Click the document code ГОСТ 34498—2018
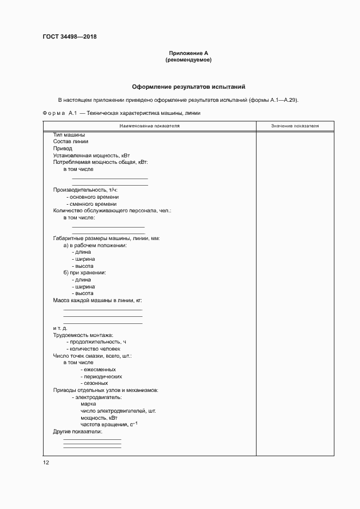[70, 37]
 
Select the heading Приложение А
[188, 53]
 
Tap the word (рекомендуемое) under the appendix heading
[188, 60]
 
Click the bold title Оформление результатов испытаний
[189, 87]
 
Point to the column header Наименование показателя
[150, 126]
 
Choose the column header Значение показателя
[295, 126]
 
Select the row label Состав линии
[70, 142]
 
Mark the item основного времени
[93, 197]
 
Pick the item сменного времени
[91, 204]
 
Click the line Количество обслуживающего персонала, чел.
[112, 211]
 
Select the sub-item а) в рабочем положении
[95, 246]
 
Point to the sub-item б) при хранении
[84, 272]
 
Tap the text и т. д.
[60, 328]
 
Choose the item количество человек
[93, 348]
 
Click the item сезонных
[94, 383]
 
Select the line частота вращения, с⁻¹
[109, 424]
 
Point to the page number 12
[46, 462]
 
